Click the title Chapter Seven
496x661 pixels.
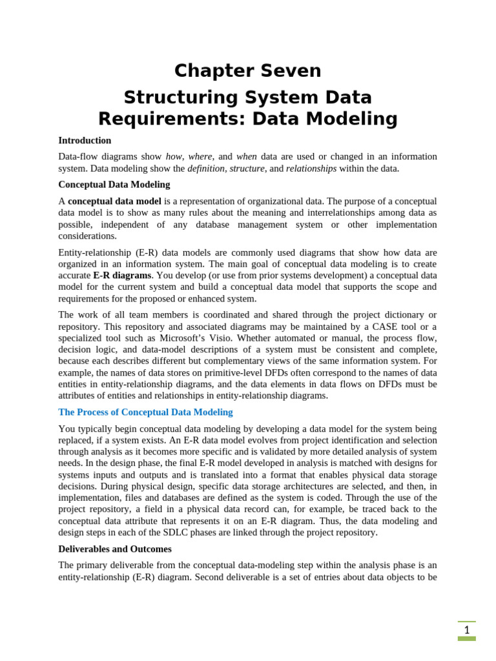coord(247,70)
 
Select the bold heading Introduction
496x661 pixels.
coord(85,140)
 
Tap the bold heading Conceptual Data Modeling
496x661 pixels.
coord(114,185)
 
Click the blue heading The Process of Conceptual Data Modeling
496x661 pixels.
coord(145,412)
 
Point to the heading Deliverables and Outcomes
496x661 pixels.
coord(115,549)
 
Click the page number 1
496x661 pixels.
coord(466,629)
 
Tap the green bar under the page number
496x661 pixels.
coord(466,638)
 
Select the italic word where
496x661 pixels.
coord(200,156)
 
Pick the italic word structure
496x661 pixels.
coord(247,168)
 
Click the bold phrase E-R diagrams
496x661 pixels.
coord(122,275)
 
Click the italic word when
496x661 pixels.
coord(247,156)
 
